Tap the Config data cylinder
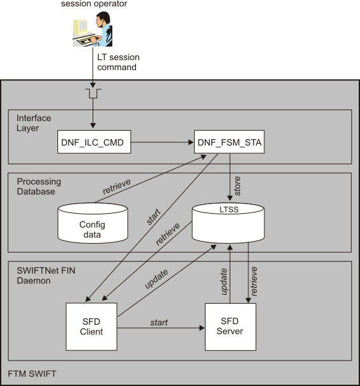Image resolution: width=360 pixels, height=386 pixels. pos(91,224)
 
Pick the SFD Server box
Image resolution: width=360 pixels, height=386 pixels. pos(230,326)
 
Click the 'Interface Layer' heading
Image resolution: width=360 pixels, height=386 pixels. pos(34,123)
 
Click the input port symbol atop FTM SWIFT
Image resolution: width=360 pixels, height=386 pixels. pos(93,94)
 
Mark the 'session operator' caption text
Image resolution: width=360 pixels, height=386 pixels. pos(94,4)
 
